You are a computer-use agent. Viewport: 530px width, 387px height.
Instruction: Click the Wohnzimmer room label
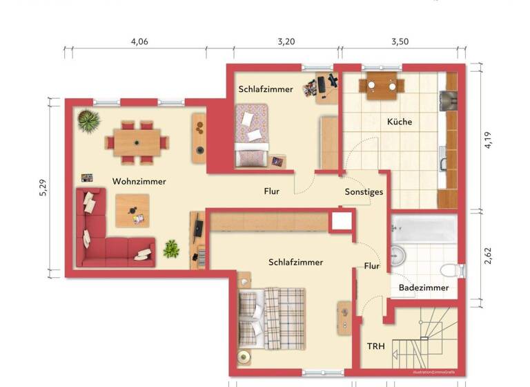[139, 182]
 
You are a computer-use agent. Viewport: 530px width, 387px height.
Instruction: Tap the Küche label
[399, 122]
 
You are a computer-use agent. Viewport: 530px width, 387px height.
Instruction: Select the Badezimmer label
[423, 287]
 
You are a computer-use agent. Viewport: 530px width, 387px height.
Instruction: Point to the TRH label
[375, 346]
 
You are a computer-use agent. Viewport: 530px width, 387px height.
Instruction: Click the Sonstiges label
[364, 192]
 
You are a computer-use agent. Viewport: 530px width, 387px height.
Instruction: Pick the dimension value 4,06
[139, 41]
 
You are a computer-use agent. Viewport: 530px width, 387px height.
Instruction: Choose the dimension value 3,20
[286, 41]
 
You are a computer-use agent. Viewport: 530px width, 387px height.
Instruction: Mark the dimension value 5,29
[43, 187]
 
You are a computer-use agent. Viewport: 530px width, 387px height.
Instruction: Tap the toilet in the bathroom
[449, 269]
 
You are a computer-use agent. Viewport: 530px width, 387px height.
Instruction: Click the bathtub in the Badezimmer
[424, 227]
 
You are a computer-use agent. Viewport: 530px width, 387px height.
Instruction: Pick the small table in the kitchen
[381, 86]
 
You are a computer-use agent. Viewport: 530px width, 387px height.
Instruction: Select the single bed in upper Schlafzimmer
[251, 135]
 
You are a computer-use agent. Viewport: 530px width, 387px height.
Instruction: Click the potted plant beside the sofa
[171, 248]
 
